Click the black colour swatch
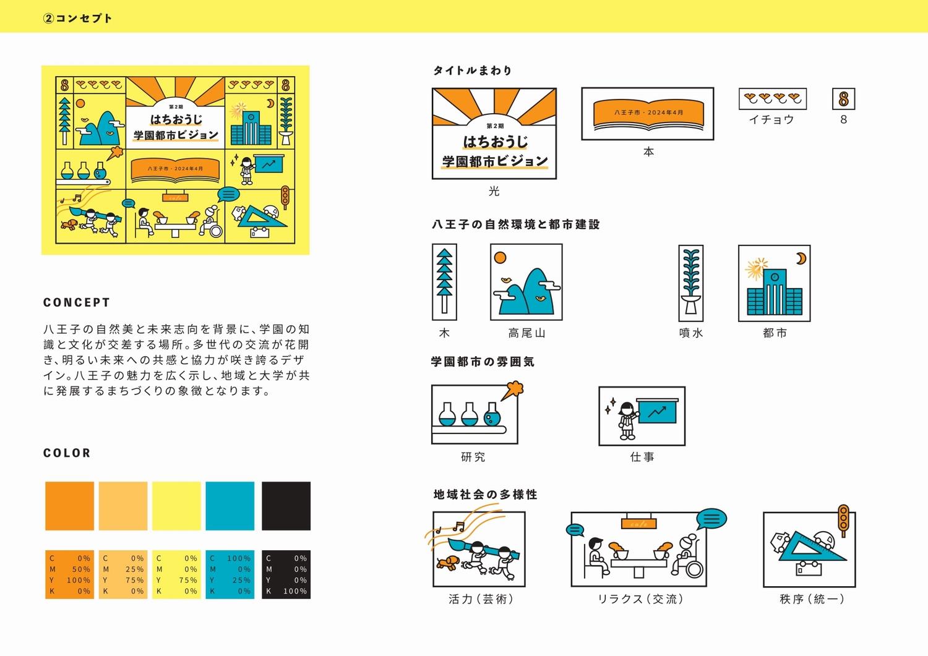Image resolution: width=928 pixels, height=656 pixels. (x=286, y=506)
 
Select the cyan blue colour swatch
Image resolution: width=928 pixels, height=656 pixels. (x=230, y=506)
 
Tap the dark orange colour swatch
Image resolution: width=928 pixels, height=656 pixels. (x=69, y=506)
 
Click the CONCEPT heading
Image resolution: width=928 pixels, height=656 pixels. (x=77, y=302)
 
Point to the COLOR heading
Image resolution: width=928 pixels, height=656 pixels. (x=67, y=453)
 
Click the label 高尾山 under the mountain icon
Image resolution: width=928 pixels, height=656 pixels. (x=526, y=333)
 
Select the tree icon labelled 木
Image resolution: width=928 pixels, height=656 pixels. (x=444, y=281)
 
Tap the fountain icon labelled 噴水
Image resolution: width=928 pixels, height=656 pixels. (x=691, y=281)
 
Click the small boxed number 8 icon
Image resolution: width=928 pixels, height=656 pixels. (x=843, y=99)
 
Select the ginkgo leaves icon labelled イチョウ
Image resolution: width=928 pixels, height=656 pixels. (x=772, y=98)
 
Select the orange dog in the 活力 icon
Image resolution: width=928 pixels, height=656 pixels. (x=446, y=563)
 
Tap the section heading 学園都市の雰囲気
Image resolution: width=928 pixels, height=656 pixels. (x=483, y=362)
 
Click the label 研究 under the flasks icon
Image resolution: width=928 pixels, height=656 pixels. (x=473, y=457)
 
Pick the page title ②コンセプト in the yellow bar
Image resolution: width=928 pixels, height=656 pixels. (x=78, y=18)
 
